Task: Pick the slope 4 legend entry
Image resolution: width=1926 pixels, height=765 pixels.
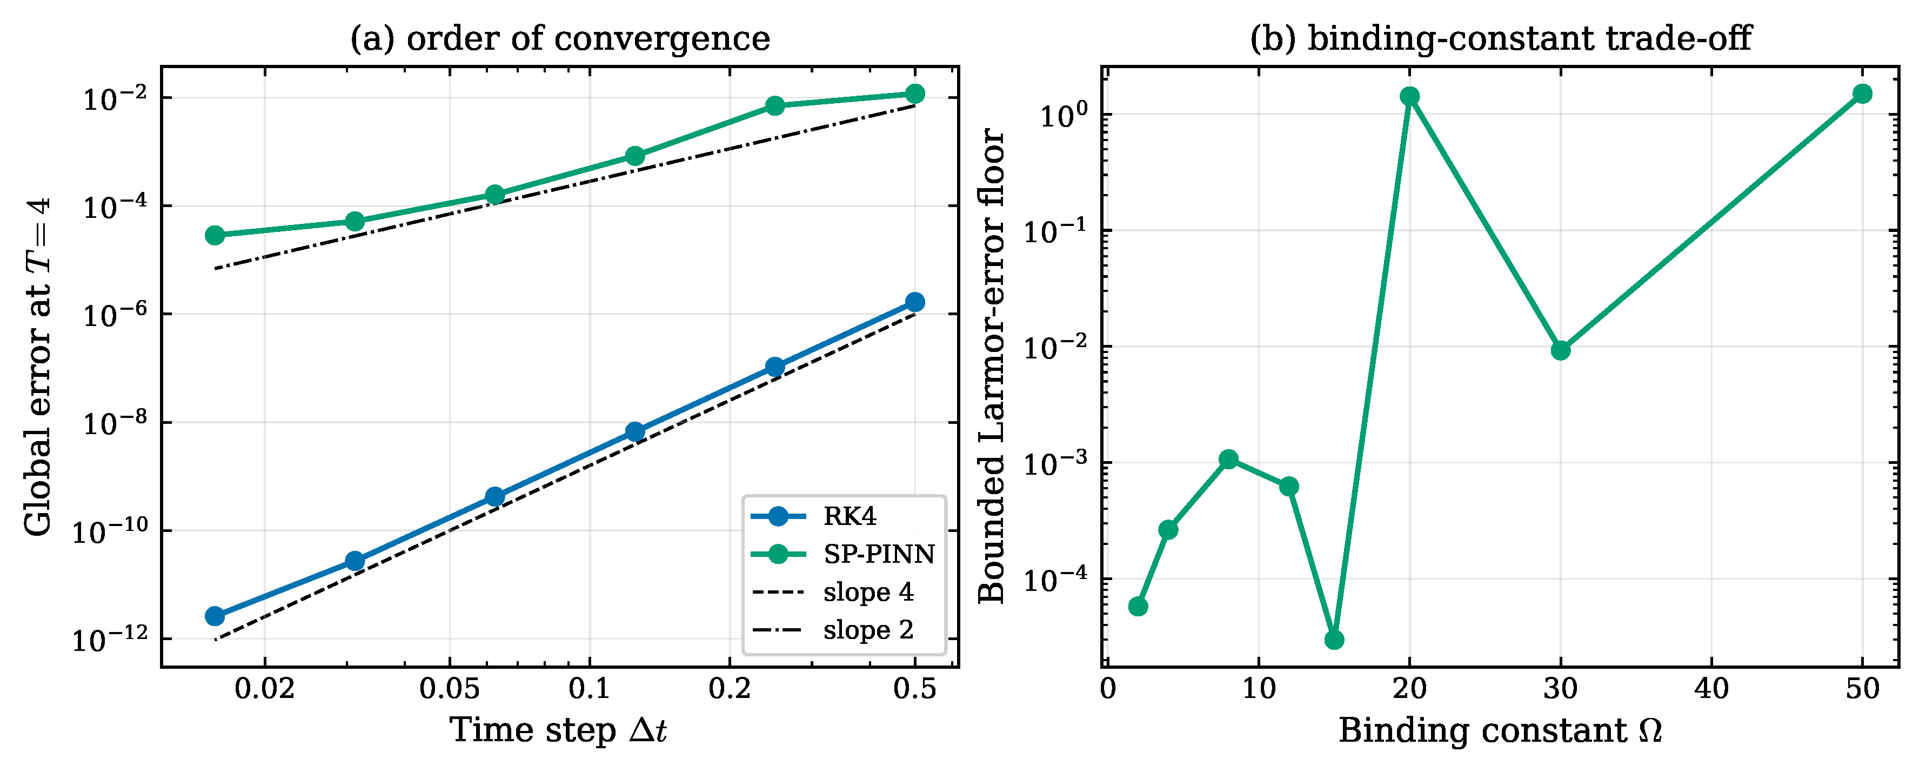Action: click(832, 591)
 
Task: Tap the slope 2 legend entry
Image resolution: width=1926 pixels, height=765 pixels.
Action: click(832, 630)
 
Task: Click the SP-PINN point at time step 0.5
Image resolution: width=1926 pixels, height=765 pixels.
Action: click(914, 94)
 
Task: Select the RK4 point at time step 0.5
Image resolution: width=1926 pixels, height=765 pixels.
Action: click(914, 302)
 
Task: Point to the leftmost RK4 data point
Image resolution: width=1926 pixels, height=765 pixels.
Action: click(215, 616)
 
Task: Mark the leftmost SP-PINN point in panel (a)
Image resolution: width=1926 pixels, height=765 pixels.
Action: click(215, 236)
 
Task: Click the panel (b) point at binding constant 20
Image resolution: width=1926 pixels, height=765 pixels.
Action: click(1410, 96)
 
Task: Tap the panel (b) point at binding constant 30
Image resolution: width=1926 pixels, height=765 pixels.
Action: click(1560, 350)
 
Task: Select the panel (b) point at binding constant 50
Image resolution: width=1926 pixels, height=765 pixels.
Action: click(1862, 94)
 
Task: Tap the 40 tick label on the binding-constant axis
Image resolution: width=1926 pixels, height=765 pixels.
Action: click(1711, 689)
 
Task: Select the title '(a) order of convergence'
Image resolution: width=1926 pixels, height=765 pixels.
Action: click(560, 38)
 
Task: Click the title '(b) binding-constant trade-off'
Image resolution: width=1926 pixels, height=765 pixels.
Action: click(1501, 38)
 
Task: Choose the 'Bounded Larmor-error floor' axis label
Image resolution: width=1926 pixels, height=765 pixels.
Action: click(992, 367)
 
